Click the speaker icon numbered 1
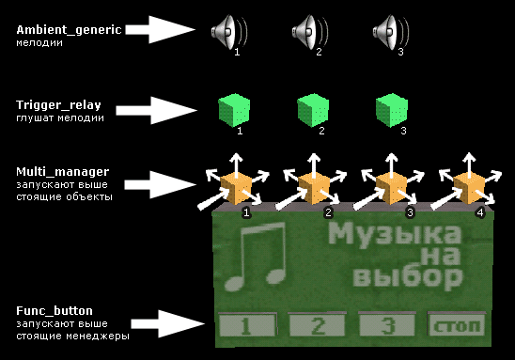(229, 32)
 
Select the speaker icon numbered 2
(310, 32)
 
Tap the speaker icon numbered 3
(391, 32)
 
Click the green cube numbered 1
(234, 110)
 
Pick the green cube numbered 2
(313, 110)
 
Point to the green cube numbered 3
(392, 110)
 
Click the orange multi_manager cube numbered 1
(236, 189)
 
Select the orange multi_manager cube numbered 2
(314, 189)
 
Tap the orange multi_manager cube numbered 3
(391, 189)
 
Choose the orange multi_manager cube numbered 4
(469, 189)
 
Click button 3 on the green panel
(387, 325)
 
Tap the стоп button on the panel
(457, 325)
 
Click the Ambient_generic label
(69, 30)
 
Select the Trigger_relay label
(58, 105)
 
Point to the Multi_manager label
(62, 171)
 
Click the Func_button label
(55, 311)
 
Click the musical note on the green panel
(256, 257)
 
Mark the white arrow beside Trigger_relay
(156, 110)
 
